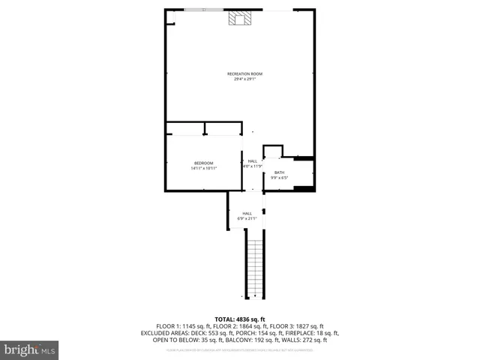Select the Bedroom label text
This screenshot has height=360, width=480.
tap(203, 163)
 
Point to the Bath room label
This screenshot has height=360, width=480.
tap(279, 172)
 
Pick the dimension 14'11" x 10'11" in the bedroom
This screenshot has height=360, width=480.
tap(203, 169)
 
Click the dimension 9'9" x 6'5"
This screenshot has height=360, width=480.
tap(279, 178)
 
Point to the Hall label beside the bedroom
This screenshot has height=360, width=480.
tap(253, 161)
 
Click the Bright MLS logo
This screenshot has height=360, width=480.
tap(30, 349)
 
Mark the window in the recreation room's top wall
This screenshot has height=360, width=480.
tap(202, 10)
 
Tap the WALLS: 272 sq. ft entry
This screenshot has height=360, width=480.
tap(307, 339)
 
